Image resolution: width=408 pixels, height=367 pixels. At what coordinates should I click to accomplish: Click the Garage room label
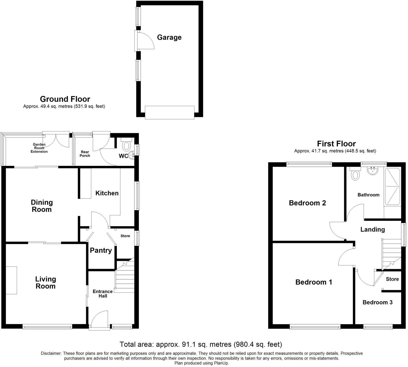169,37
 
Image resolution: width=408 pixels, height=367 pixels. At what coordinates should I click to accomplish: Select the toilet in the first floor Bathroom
355,175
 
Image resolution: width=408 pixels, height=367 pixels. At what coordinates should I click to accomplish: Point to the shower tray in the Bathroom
392,186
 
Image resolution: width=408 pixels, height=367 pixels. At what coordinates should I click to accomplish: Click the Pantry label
101,250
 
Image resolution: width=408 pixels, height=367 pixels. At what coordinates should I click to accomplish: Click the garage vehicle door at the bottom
169,113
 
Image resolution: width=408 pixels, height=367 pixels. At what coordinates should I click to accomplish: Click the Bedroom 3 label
377,302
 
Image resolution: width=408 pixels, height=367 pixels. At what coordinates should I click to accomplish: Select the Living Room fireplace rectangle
11,280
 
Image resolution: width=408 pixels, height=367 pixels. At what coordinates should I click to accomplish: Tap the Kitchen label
107,193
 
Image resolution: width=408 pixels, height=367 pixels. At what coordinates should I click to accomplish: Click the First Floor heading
336,144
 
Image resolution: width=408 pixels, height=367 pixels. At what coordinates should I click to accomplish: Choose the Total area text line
201,344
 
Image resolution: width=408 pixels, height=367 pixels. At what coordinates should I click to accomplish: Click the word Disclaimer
51,353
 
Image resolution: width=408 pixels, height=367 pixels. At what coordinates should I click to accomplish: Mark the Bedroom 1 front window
315,327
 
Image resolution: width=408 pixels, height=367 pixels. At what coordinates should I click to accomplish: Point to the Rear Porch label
85,154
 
